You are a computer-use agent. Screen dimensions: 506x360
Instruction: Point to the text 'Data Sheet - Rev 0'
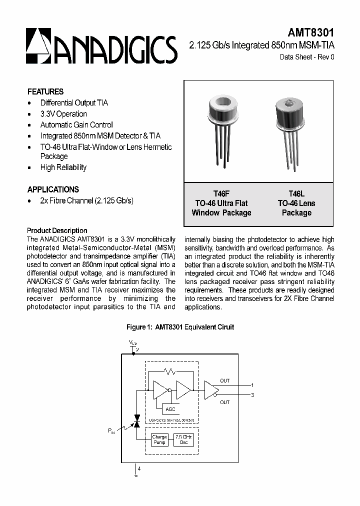306,57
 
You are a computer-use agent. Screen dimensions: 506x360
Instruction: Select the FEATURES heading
45,91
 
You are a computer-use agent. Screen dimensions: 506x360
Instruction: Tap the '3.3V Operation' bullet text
63,114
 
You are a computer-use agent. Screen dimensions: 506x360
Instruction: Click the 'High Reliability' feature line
63,167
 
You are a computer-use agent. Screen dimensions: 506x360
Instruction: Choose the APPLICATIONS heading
53,189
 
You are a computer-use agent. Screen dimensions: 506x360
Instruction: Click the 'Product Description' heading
57,230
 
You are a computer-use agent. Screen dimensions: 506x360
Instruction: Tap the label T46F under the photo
221,193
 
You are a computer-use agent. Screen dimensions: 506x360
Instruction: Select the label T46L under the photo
296,193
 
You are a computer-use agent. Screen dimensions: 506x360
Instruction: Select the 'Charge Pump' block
159,440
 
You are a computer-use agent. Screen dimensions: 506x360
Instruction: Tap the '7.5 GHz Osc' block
183,440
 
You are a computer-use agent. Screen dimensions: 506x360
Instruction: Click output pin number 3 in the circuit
252,395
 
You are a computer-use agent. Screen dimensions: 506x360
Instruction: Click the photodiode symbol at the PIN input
136,424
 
